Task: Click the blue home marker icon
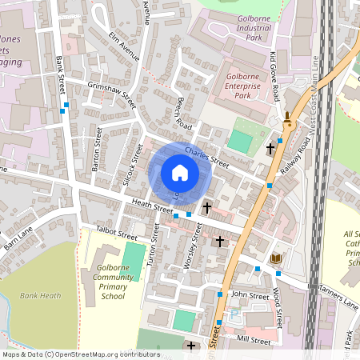[180, 173]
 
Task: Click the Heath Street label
[153, 206]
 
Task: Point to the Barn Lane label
[17, 238]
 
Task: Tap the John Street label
[248, 295]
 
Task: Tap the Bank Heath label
[40, 296]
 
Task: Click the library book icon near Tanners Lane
[276, 259]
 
